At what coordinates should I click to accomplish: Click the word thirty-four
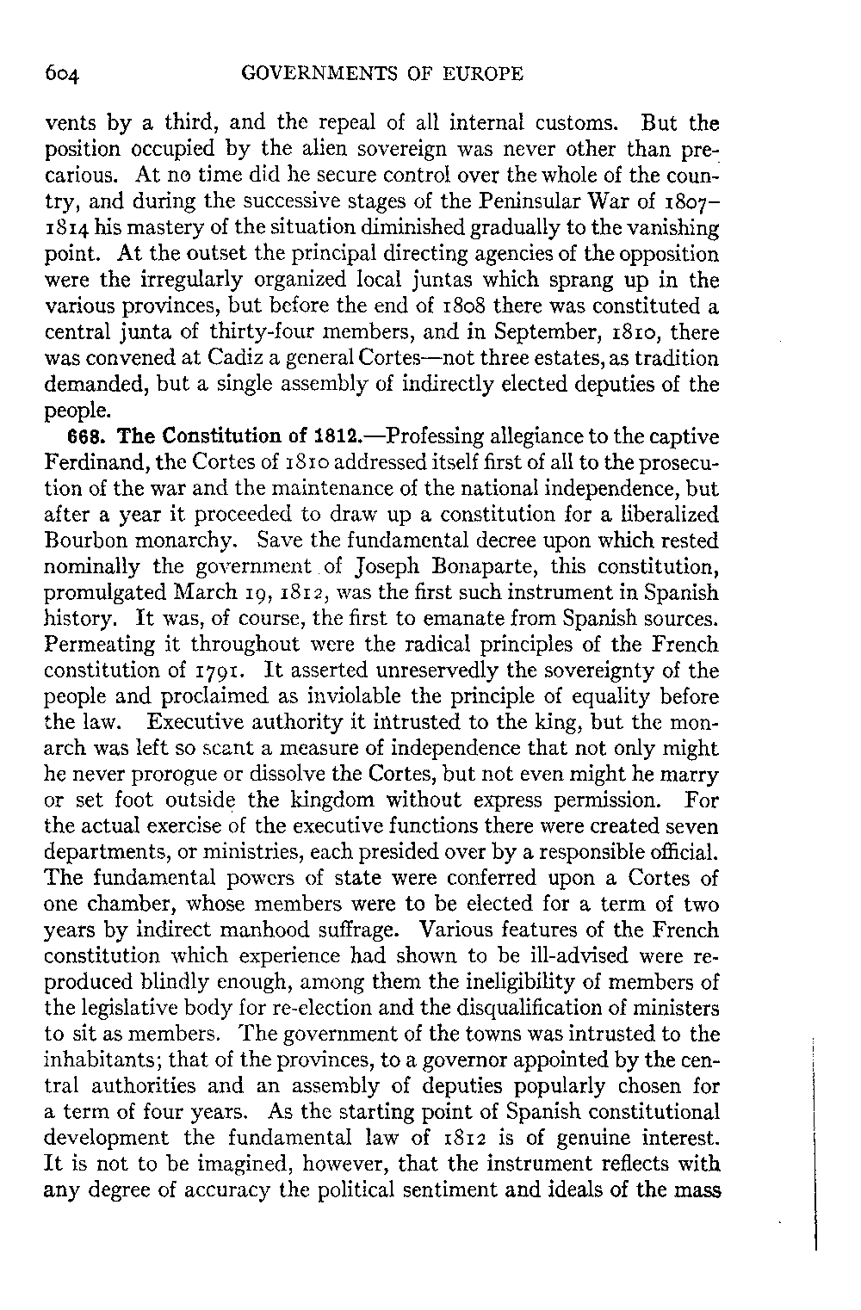238,331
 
